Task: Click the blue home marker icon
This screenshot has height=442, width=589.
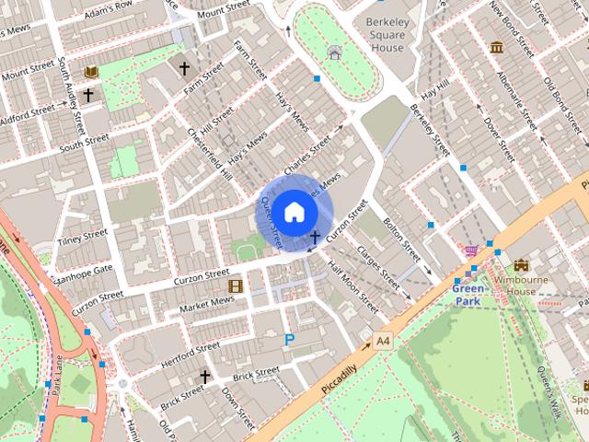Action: click(294, 212)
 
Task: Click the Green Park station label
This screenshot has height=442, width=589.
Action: click(468, 294)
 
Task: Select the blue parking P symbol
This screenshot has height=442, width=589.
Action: click(290, 341)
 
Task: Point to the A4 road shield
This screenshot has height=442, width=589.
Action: click(384, 342)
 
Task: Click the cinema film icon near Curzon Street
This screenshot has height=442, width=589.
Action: click(235, 285)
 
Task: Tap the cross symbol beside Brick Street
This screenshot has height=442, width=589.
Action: click(205, 377)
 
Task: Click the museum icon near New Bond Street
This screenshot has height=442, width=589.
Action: click(497, 47)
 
